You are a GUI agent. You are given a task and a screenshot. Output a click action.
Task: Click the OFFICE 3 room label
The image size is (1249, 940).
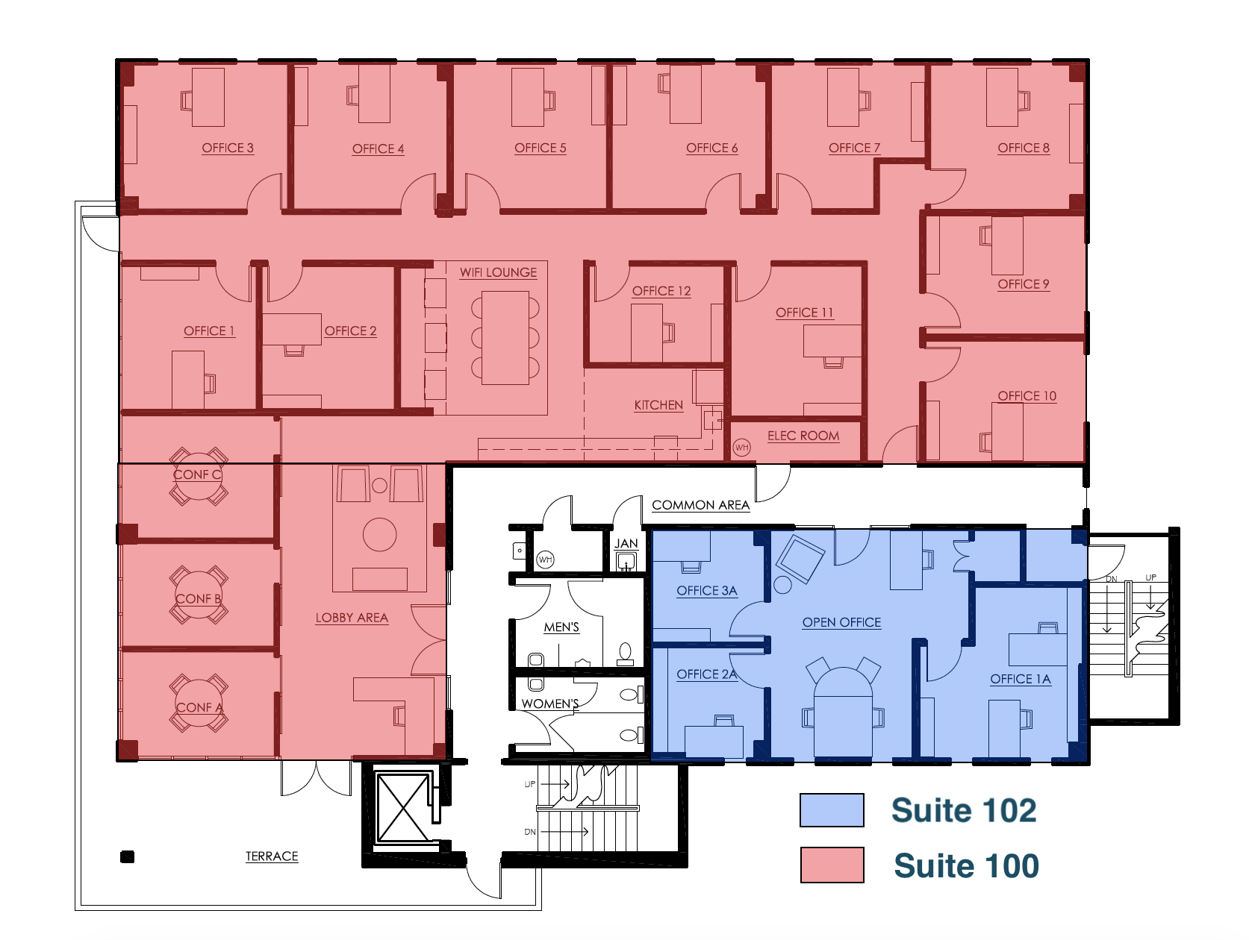point(228,148)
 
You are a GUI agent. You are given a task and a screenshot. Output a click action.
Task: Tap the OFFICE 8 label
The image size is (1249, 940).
point(1024,148)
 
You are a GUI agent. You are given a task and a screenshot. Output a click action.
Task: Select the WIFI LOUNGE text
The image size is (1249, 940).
point(498,272)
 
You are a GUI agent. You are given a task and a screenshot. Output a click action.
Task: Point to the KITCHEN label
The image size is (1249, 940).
point(658,405)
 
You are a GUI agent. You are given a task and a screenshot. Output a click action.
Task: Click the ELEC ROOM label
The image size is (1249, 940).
point(803,436)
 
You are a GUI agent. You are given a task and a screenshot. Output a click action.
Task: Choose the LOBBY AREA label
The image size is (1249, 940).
point(352,618)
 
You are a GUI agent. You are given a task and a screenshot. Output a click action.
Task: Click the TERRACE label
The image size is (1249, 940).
point(272,856)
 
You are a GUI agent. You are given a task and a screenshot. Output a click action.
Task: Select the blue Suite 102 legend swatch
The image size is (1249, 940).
point(832,810)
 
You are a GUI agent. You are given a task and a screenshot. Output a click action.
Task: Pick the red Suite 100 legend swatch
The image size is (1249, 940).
point(832,865)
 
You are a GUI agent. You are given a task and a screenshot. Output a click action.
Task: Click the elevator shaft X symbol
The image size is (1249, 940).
point(402,808)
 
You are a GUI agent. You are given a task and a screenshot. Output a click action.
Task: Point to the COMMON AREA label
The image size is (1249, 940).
point(700,505)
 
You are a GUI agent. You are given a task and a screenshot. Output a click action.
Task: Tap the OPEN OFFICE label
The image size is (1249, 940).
point(841,622)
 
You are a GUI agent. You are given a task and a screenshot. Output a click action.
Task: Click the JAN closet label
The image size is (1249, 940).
point(626,544)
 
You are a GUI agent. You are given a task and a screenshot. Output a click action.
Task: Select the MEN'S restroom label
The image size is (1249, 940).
point(561,627)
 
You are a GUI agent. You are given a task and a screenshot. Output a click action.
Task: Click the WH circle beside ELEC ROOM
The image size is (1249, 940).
point(741,448)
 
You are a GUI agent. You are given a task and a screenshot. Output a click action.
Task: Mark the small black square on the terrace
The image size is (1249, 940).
point(128,856)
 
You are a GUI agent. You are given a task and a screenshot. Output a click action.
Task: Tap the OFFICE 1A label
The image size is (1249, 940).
point(1021,679)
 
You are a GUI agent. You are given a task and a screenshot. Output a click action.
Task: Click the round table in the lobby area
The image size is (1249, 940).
point(380,535)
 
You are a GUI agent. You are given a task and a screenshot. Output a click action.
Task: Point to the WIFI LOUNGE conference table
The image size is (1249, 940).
point(505,337)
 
